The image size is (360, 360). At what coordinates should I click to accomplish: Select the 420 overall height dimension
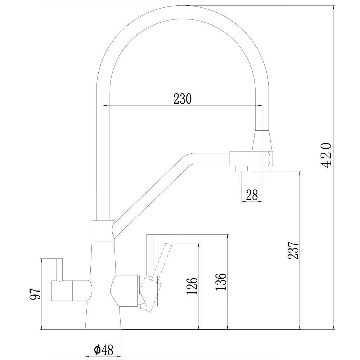tap(326, 155)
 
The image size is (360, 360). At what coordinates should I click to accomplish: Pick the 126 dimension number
tap(193, 287)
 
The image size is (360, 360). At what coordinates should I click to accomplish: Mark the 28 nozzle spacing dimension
tap(252, 195)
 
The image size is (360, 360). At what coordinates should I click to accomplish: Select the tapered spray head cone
tap(263, 141)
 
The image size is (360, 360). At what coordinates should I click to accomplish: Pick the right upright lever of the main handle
tap(150, 254)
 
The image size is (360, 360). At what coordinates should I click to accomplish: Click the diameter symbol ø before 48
tap(96, 349)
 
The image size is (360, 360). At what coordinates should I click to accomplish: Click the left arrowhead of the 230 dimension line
tap(105, 105)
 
